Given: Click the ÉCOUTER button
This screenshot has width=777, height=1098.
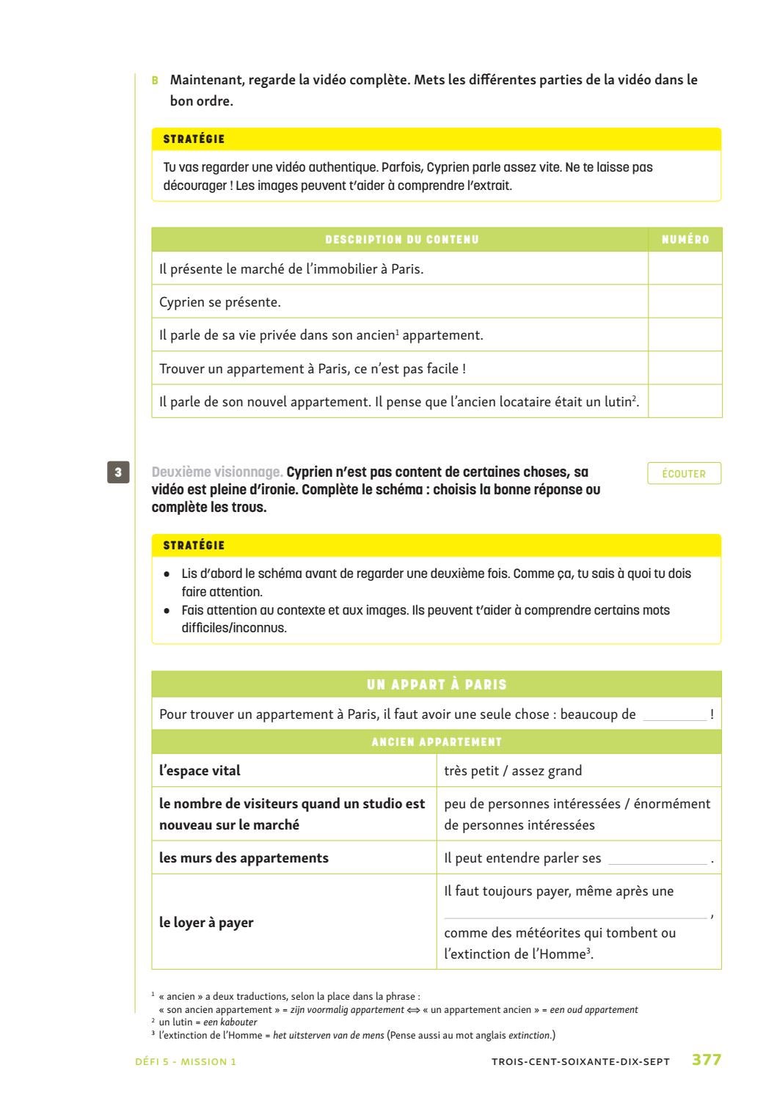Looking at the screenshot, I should pos(684,474).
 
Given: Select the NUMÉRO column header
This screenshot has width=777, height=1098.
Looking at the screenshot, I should pos(685,240).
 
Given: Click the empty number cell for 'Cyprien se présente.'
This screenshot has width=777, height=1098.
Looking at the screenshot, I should pos(685,301).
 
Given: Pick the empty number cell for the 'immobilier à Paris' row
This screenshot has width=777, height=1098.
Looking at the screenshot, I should pos(685,268).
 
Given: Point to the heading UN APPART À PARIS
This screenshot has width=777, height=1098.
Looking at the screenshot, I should pos(437,684).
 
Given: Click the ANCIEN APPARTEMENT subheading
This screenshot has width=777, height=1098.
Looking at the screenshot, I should pos(437,742).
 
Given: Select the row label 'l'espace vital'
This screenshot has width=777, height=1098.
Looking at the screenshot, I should pos(200,771).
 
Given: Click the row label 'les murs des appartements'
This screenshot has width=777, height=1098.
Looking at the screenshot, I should pos(244,858).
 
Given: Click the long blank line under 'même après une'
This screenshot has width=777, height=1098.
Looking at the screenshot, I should pos(576,915).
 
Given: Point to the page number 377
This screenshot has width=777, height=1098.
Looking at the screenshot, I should pos(707,1061).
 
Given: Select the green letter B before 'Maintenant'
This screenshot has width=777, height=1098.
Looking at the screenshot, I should pos(155,80).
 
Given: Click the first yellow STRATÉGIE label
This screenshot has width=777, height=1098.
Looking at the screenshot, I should pos(194,139).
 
